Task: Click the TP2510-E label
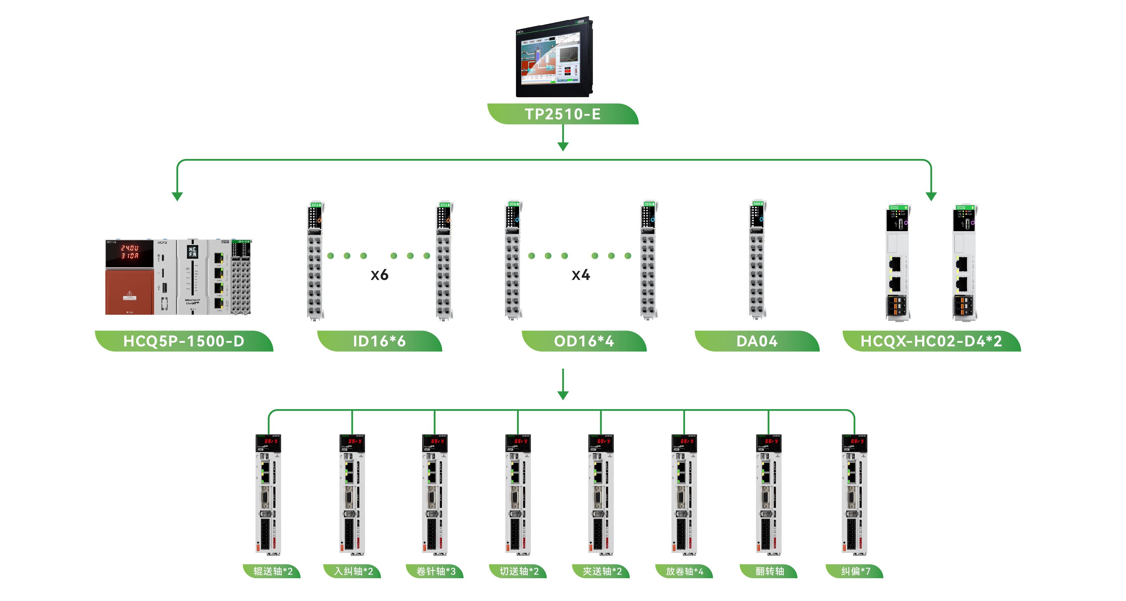click(563, 114)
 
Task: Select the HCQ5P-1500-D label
click(184, 341)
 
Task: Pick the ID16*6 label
click(379, 341)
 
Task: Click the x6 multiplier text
click(379, 275)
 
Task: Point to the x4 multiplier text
click(581, 275)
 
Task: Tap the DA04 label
click(757, 341)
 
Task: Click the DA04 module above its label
click(757, 260)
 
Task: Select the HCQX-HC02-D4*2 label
click(931, 341)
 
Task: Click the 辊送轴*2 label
click(272, 571)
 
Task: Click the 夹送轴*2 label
click(601, 571)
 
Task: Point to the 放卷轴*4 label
click(684, 571)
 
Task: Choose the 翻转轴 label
click(769, 571)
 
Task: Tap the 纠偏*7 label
click(855, 571)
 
